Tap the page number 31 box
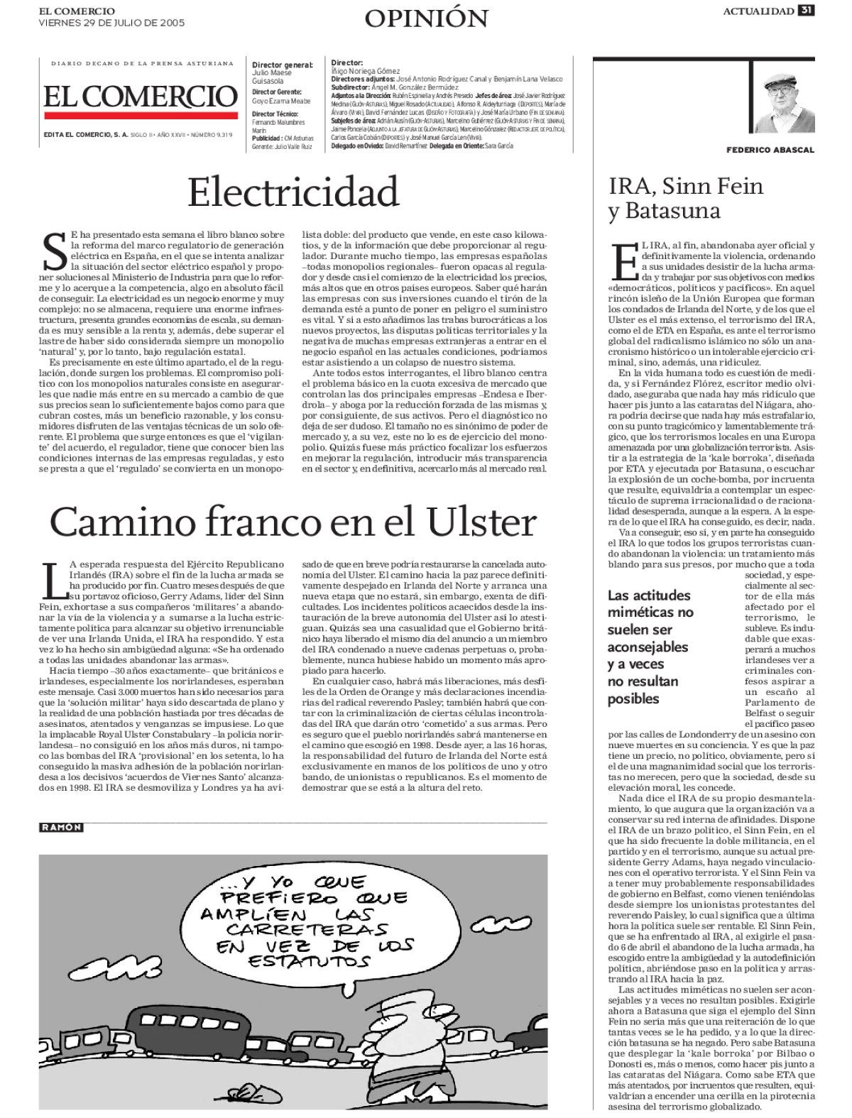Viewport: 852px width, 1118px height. pos(806,10)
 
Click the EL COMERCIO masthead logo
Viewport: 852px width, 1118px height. pos(140,97)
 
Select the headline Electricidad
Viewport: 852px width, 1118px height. pos(294,192)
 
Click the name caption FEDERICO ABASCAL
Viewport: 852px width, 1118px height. pos(770,150)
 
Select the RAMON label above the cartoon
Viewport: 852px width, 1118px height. pos(61,827)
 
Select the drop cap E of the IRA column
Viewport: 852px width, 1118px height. pos(622,262)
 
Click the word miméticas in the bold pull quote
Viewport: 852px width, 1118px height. pos(650,613)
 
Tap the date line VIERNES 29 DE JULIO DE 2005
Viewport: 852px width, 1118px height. pos(111,23)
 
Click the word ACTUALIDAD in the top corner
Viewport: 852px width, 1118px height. pos(758,11)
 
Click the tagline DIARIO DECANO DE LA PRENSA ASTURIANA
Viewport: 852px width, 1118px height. pos(142,64)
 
